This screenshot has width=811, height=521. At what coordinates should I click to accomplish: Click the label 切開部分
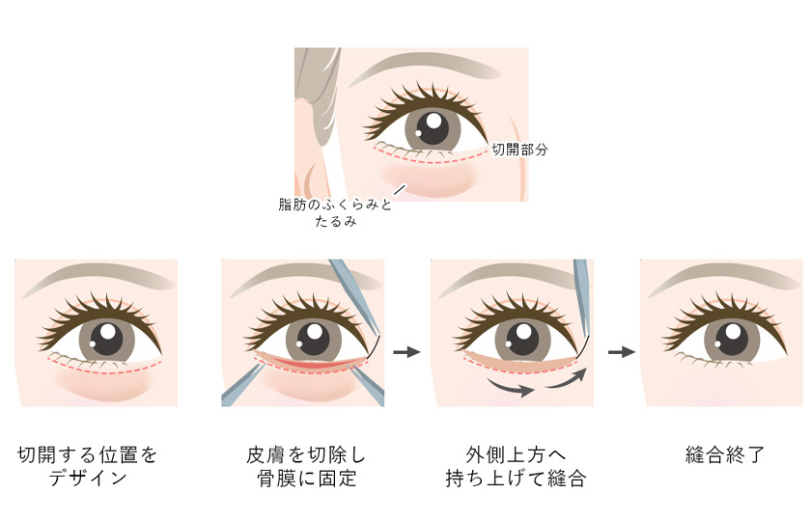click(519, 151)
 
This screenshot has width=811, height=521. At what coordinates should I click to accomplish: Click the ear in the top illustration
click(311, 145)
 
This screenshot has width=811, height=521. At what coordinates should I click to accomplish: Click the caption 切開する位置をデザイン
click(88, 465)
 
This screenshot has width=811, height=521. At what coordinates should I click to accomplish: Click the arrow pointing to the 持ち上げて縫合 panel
click(407, 352)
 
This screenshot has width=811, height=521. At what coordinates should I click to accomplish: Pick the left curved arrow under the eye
click(511, 389)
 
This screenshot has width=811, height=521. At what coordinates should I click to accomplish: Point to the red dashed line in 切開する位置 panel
click(97, 369)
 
